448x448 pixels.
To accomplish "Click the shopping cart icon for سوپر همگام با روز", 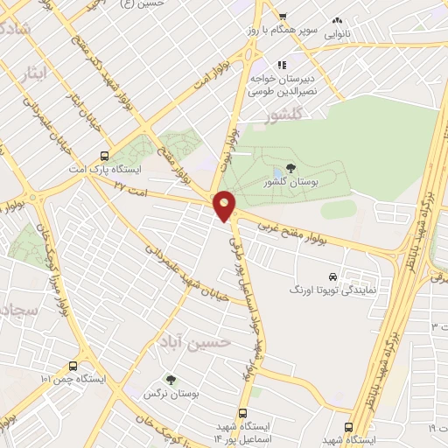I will [283, 17].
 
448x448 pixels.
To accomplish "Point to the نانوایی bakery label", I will [338, 36].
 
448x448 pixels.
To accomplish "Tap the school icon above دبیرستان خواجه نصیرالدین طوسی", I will [281, 64].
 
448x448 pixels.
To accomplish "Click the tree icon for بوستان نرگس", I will [171, 379].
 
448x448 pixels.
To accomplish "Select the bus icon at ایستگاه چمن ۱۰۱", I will [72, 366].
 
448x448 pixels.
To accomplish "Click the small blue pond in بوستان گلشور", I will [276, 171].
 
